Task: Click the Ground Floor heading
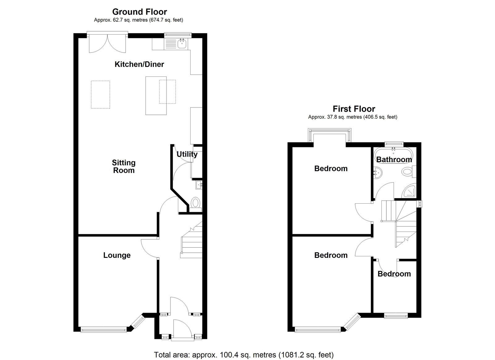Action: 140,12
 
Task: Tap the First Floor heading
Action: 354,109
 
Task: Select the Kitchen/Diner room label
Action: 139,64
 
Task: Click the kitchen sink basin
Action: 182,44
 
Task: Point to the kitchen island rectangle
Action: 156,96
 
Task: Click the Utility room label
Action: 187,154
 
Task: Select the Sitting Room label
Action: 123,167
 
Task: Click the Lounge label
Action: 117,255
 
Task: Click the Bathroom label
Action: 394,159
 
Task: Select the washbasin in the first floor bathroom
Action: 377,173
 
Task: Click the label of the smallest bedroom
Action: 394,274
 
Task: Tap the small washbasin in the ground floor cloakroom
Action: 199,185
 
